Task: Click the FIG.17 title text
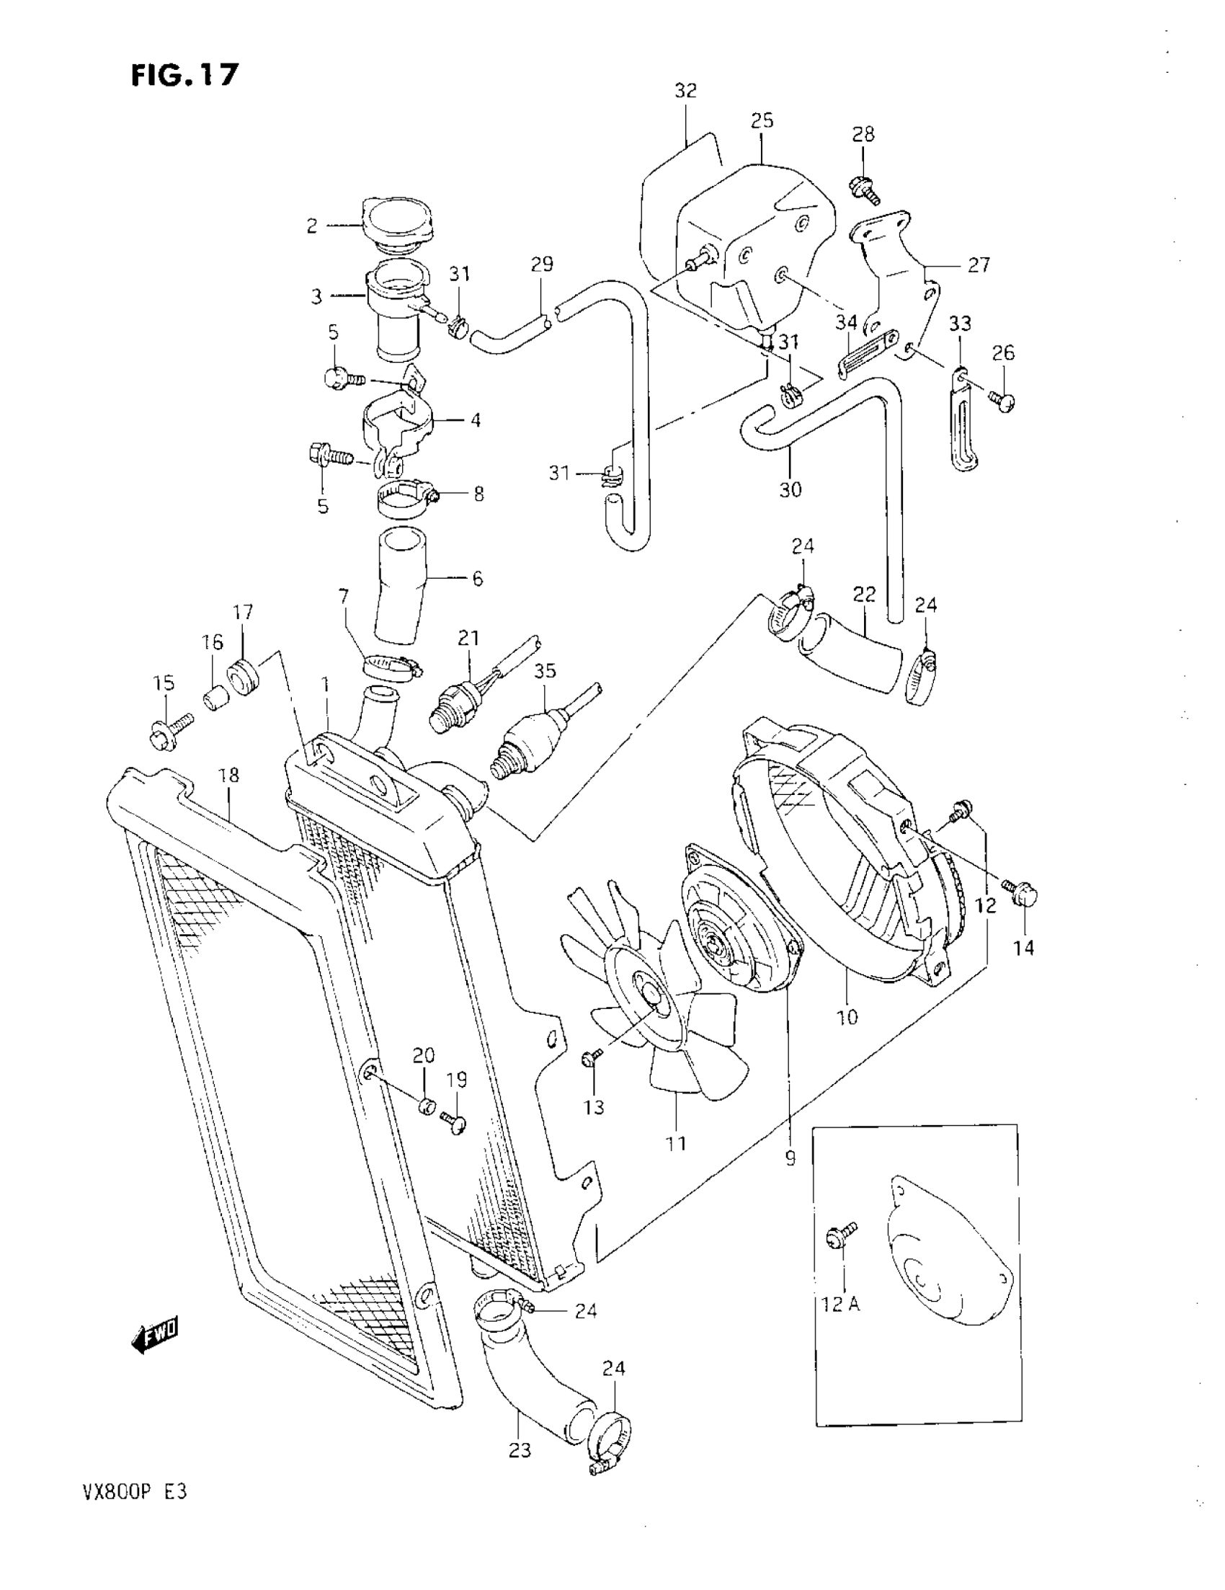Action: pyautogui.click(x=185, y=74)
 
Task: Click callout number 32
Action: pyautogui.click(x=685, y=91)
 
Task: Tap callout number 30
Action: pyautogui.click(x=790, y=489)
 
